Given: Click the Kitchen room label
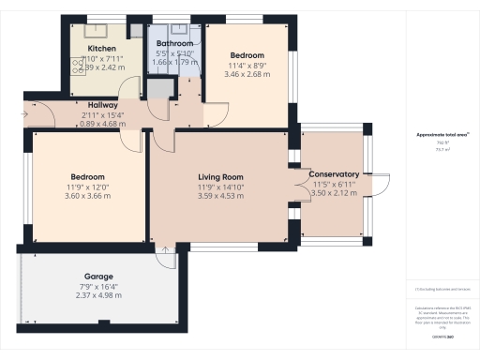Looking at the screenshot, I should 101,48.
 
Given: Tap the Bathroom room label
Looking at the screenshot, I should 175,43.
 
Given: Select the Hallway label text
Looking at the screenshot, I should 103,104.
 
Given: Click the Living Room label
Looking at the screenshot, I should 220,176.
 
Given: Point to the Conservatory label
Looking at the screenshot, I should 334,174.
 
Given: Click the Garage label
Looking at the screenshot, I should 98,277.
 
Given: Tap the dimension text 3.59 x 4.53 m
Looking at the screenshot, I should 220,197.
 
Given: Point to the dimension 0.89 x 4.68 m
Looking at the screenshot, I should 103,123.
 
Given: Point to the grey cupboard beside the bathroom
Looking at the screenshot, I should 159,89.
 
